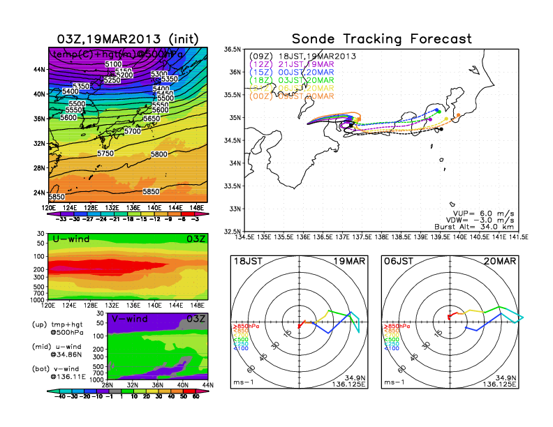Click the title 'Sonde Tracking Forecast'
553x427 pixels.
381,38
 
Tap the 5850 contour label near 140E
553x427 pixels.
151,191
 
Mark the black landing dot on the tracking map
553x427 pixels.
441,129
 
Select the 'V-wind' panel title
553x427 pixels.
133,319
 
